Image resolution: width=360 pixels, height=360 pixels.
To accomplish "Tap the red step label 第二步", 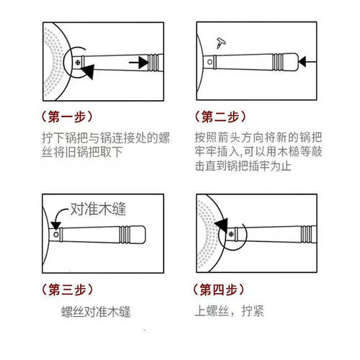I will click(x=222, y=116).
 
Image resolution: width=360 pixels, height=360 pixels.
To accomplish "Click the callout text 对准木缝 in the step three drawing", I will click(x=97, y=210).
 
